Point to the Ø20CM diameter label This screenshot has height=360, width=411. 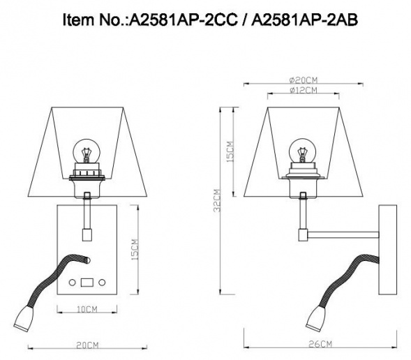pyautogui.click(x=302, y=80)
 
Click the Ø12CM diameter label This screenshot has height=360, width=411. pyautogui.click(x=302, y=91)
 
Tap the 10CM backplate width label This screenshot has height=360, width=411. pyautogui.click(x=87, y=308)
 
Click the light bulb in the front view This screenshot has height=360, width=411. pyautogui.click(x=87, y=151)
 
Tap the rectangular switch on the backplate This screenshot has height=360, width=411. pyautogui.click(x=88, y=283)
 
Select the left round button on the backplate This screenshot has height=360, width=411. pyautogui.click(x=73, y=283)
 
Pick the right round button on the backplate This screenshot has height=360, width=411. pyautogui.click(x=103, y=283)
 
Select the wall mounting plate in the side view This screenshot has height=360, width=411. pyautogui.click(x=385, y=248)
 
